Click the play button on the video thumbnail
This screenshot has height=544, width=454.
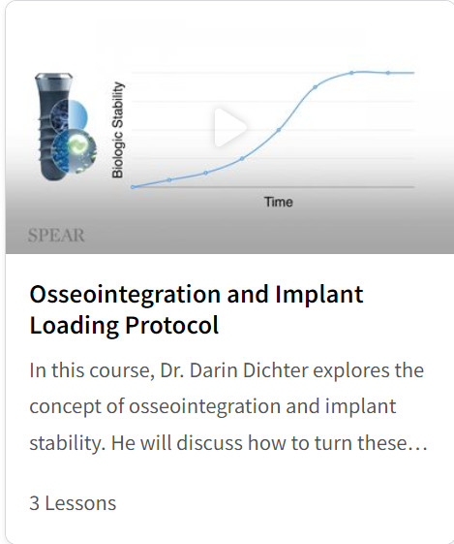pyautogui.click(x=229, y=127)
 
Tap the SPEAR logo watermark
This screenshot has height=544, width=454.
pyautogui.click(x=56, y=236)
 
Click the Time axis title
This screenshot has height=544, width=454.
pyautogui.click(x=279, y=202)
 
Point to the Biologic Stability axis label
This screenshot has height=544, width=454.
pyautogui.click(x=117, y=130)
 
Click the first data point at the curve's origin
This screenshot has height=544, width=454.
pyautogui.click(x=133, y=187)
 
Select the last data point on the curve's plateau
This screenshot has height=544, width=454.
pyautogui.click(x=388, y=73)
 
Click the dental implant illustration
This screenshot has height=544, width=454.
pyautogui.click(x=65, y=127)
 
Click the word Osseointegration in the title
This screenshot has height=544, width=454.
pyautogui.click(x=125, y=294)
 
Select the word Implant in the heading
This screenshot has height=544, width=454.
pyautogui.click(x=319, y=295)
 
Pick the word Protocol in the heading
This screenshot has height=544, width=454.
pyautogui.click(x=171, y=326)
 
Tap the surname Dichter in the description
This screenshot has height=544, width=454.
pyautogui.click(x=275, y=370)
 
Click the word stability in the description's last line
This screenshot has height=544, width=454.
pyautogui.click(x=67, y=444)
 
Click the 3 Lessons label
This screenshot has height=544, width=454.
pyautogui.click(x=73, y=503)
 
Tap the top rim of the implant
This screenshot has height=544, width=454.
pyautogui.click(x=54, y=77)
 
